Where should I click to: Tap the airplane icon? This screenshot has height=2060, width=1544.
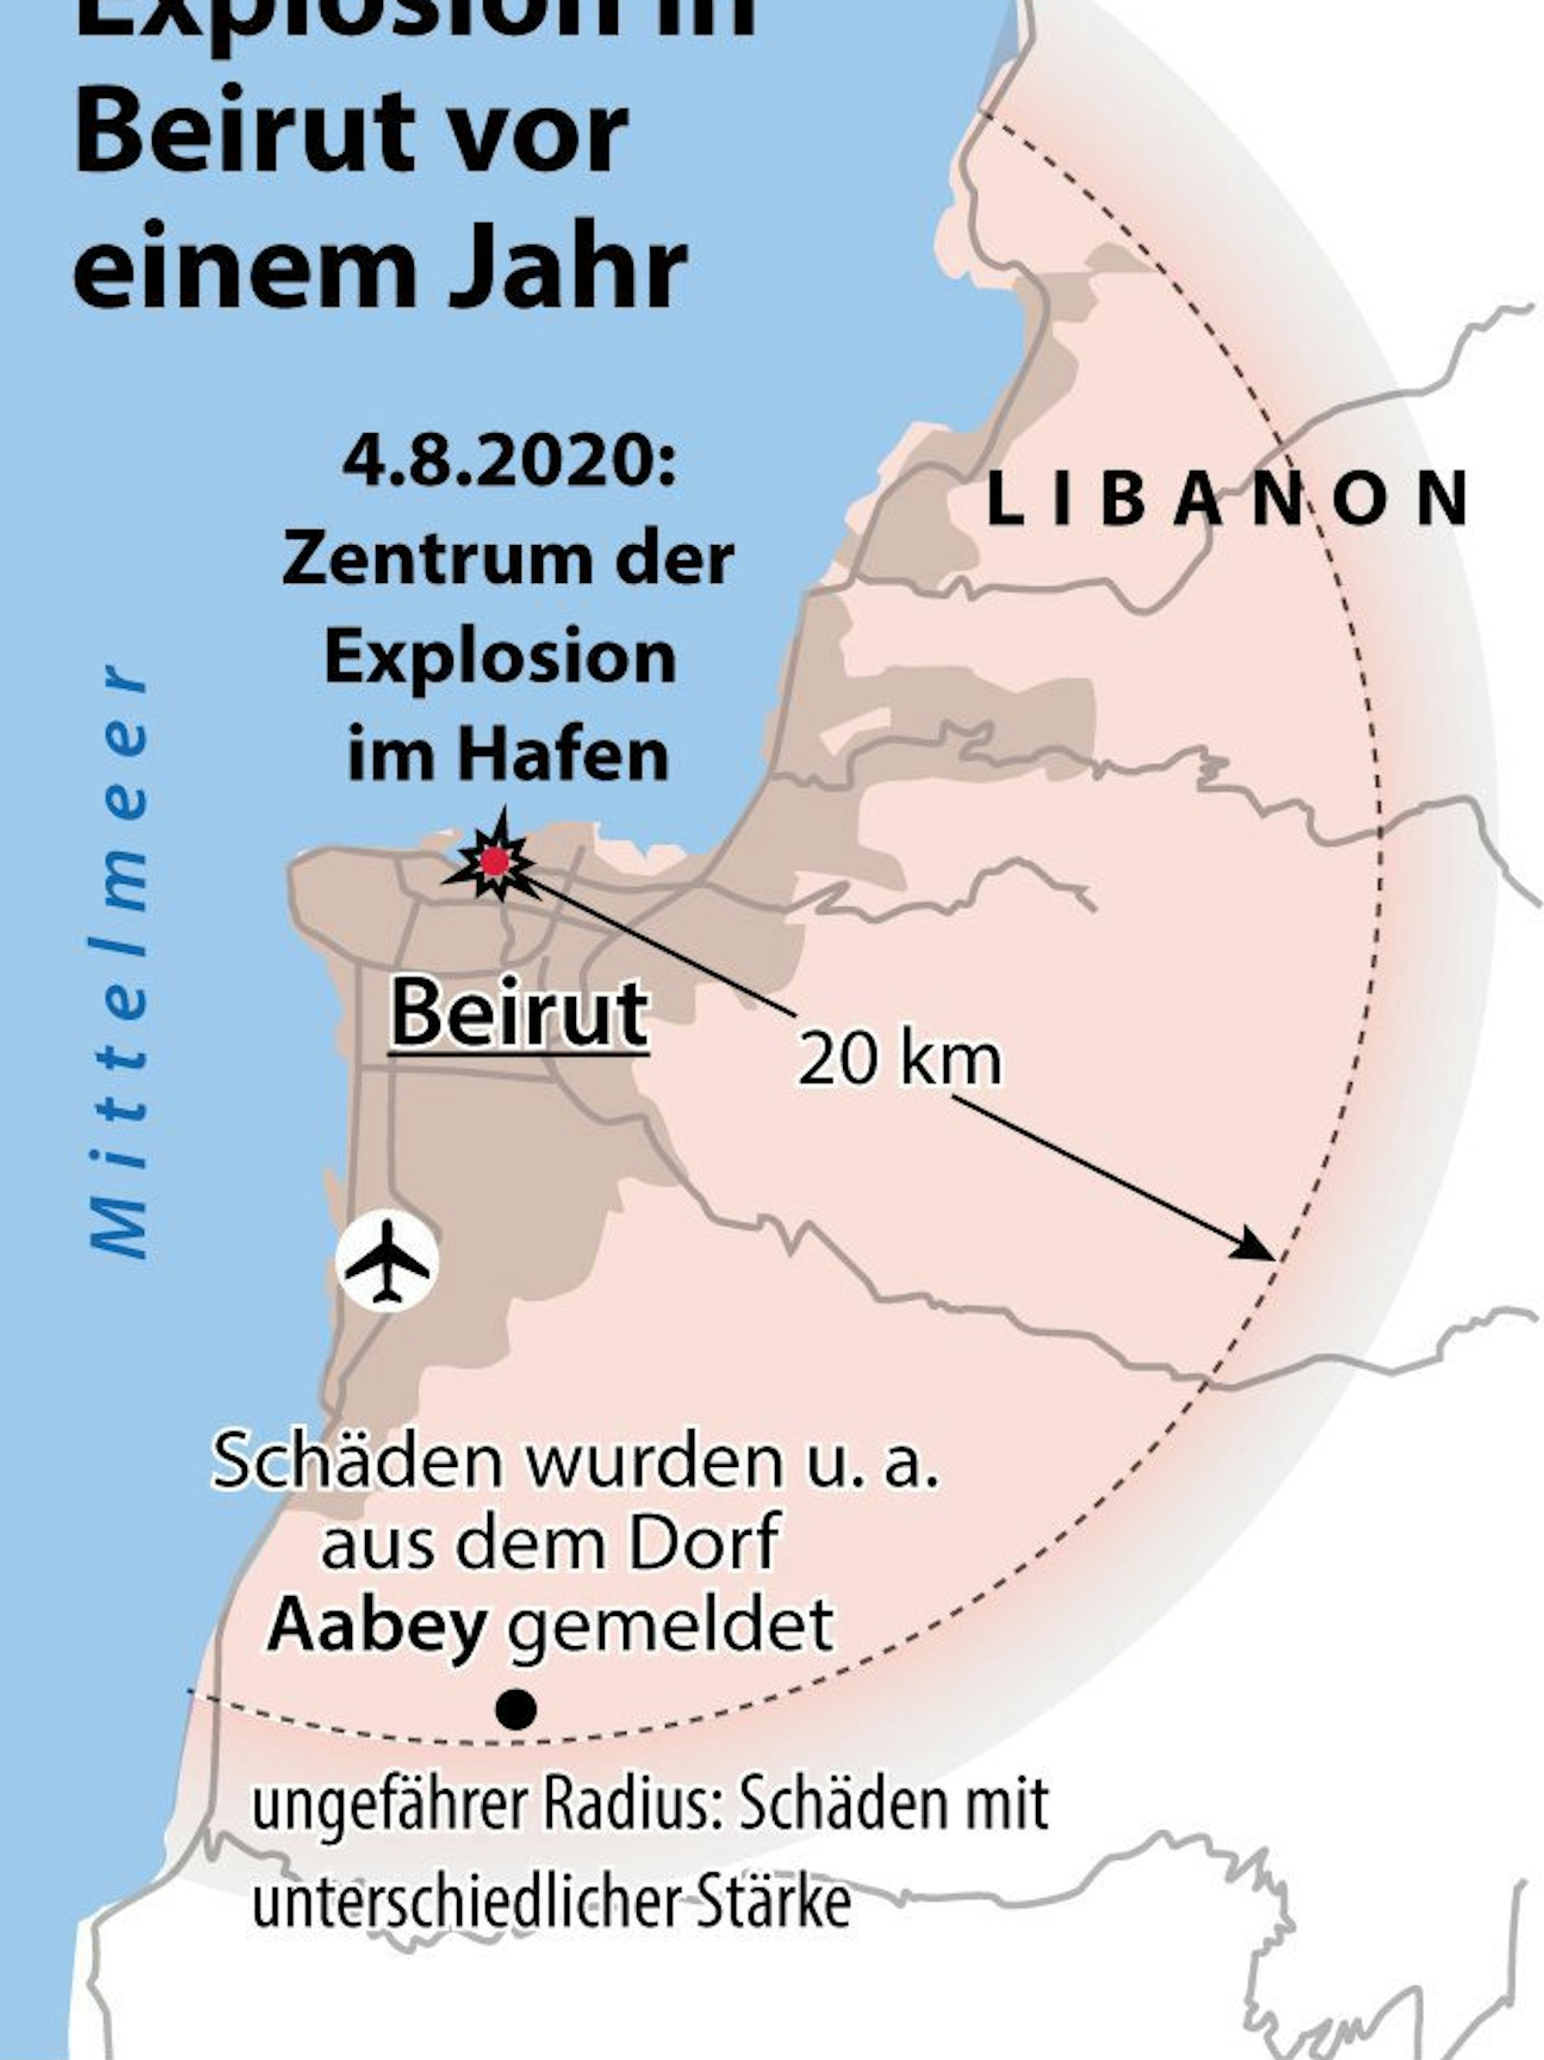pos(387,1261)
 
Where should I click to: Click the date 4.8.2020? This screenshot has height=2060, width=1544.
pos(509,462)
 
